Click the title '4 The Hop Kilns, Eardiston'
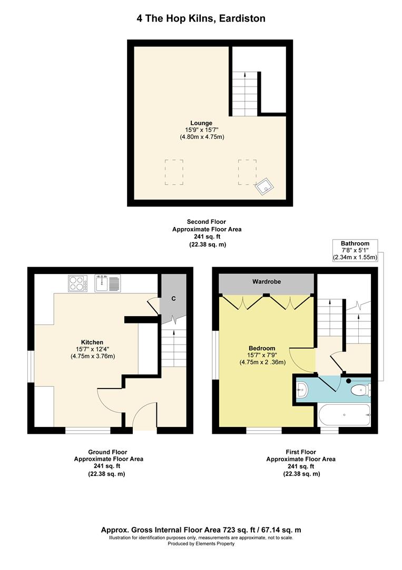pos(201,18)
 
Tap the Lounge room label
pos(201,123)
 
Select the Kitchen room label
pos(92,342)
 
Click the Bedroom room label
pos(262,348)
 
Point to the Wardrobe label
pos(267,282)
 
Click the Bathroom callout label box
pos(355,251)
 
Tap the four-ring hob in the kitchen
pos(77,283)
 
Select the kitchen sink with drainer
pos(107,283)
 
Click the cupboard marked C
pos(173,298)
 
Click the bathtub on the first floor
pos(345,415)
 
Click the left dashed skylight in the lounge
pos(174,172)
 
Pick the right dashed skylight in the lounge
pos(247,172)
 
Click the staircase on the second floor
pos(244,94)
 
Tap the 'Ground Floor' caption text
pos(108,452)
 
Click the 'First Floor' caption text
pos(301,452)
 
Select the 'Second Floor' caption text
pos(207,222)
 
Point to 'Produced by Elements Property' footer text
pos(201,544)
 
